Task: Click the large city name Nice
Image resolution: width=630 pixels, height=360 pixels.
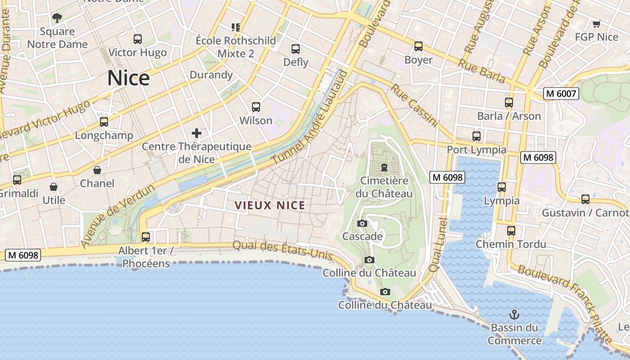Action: (x=128, y=78)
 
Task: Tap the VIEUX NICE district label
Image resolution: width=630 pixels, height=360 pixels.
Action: (x=270, y=206)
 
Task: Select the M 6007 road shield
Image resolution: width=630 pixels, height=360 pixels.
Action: (x=560, y=94)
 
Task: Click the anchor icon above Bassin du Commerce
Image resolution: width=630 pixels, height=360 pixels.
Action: (x=514, y=314)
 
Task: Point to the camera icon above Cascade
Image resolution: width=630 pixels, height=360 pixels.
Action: (x=362, y=223)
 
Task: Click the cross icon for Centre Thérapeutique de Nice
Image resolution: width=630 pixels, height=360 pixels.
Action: (x=197, y=133)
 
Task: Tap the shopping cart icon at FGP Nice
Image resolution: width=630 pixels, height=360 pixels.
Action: (x=596, y=24)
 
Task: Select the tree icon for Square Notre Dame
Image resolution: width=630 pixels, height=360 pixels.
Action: (x=57, y=18)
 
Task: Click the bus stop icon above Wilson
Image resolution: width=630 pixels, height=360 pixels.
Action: (x=256, y=107)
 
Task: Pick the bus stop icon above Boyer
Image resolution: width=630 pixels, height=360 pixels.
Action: (x=418, y=46)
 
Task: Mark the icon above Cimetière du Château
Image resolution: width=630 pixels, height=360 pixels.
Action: (x=384, y=167)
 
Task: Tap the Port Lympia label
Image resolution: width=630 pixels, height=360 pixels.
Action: (x=477, y=149)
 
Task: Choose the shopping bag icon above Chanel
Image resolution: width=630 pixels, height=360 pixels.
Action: (x=97, y=170)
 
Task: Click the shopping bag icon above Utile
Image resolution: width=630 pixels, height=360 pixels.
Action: (x=54, y=187)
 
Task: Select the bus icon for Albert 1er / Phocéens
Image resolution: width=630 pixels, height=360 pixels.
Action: (x=146, y=237)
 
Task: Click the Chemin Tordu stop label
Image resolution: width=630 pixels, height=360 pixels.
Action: (x=511, y=244)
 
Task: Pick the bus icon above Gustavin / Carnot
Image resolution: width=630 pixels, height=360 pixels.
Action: (x=585, y=199)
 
